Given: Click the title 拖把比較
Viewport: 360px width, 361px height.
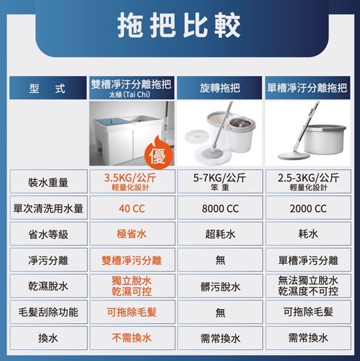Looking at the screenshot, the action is click(x=179, y=26).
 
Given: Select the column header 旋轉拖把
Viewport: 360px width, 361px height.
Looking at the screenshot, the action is click(x=220, y=88).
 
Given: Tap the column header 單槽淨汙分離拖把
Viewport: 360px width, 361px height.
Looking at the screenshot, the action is click(x=308, y=88).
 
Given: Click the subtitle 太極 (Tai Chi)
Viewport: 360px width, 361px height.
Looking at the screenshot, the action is click(x=130, y=95).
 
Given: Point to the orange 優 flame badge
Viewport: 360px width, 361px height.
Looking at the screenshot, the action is click(x=158, y=153).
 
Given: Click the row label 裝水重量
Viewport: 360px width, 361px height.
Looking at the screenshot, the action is click(x=48, y=183).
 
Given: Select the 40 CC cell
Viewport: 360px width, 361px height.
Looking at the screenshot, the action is click(x=132, y=209).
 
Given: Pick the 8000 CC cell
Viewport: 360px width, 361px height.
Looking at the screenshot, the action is click(x=220, y=209).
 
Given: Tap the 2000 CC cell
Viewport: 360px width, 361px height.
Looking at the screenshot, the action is click(x=308, y=209).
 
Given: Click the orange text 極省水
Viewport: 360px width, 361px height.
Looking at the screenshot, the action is click(x=132, y=234).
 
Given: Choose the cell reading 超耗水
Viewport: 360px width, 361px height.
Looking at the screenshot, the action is click(x=220, y=234).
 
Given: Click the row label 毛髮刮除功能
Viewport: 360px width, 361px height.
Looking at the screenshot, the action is click(x=48, y=313).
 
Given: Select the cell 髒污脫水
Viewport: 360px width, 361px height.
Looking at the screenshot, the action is click(x=220, y=287).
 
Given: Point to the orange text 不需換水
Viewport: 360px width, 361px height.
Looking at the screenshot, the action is click(x=132, y=338).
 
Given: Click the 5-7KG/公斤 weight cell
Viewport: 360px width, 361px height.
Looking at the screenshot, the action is click(x=220, y=181).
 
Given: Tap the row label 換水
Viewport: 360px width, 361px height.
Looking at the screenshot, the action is click(x=48, y=338).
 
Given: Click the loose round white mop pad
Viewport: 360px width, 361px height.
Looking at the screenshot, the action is click(x=197, y=136).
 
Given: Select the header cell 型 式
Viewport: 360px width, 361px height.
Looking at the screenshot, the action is click(x=48, y=88).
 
